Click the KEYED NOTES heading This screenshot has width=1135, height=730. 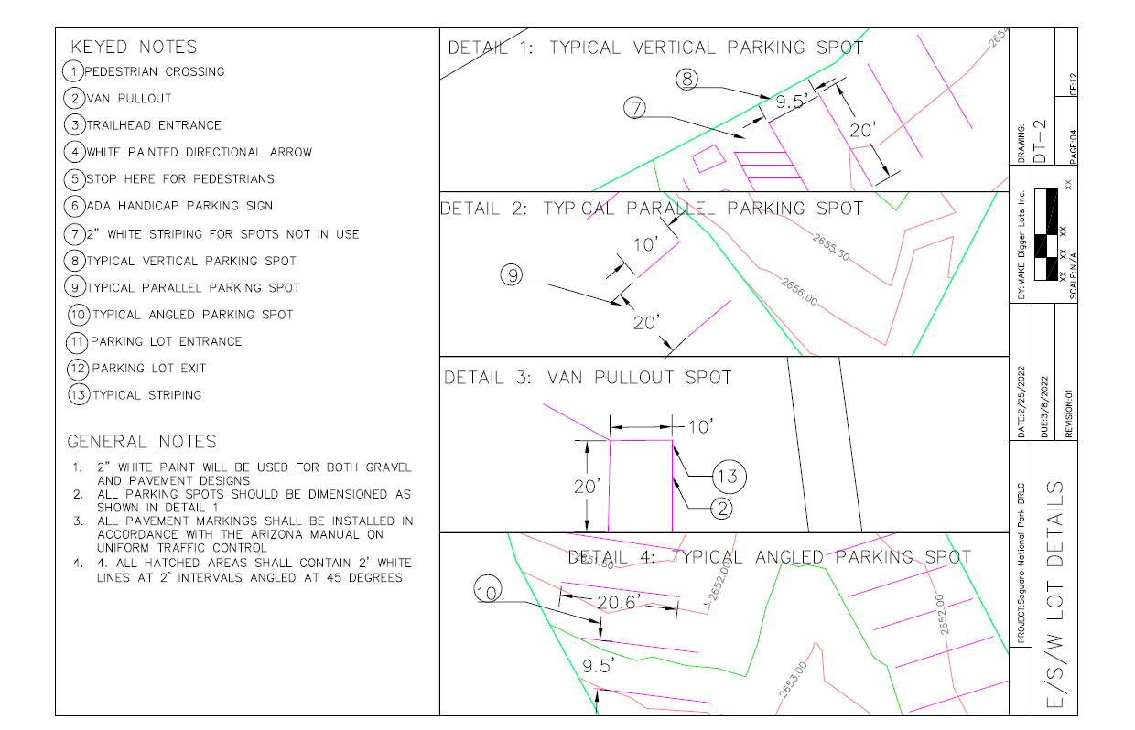tap(133, 47)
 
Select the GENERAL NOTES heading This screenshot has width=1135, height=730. tap(142, 442)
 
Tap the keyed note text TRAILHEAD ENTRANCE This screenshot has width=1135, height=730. tap(154, 125)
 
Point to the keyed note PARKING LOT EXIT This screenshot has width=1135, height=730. tap(148, 368)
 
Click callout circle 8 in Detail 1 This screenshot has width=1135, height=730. tap(688, 80)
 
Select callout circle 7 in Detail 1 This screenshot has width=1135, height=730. tap(635, 108)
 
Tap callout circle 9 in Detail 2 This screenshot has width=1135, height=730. tap(513, 274)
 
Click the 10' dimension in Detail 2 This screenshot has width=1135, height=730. tap(645, 244)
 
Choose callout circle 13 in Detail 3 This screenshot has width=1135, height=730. tap(728, 476)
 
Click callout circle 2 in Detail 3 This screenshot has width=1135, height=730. tap(722, 510)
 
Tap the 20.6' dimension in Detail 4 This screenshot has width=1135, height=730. tap(621, 602)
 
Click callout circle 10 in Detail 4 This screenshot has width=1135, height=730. tap(486, 594)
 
